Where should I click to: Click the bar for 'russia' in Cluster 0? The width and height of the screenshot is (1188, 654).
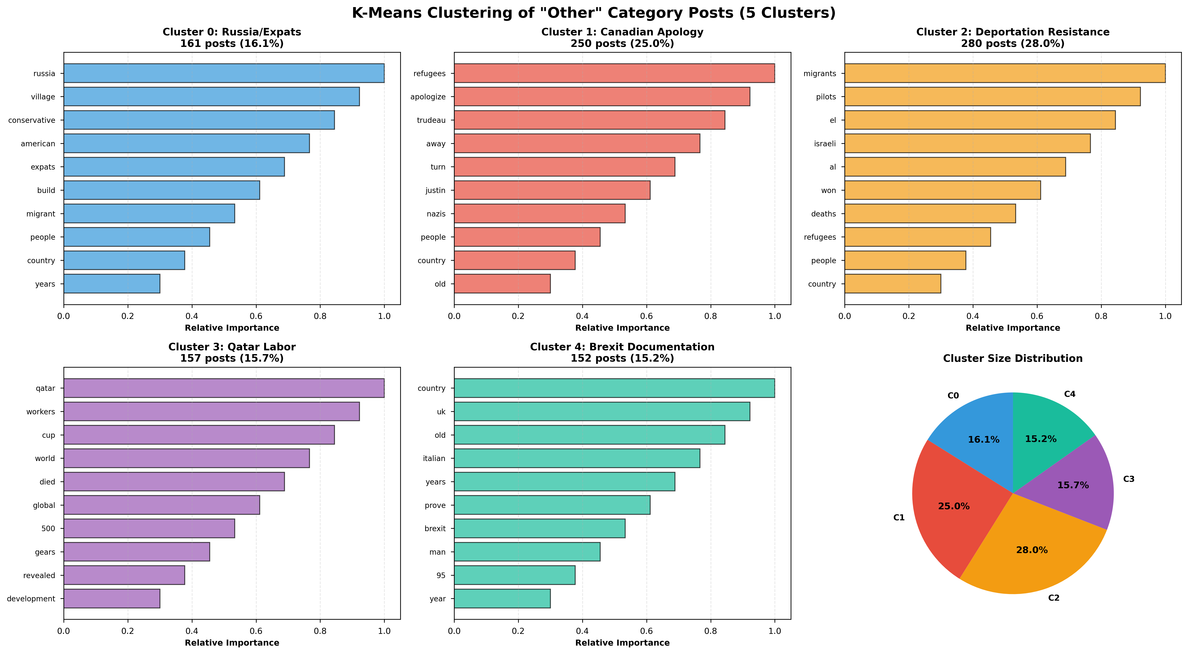click(x=224, y=73)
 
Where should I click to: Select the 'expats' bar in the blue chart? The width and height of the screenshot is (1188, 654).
click(x=174, y=167)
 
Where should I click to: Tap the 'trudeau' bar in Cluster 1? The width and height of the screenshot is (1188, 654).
click(x=589, y=120)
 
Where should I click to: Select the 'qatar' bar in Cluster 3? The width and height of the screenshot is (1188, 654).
click(x=224, y=388)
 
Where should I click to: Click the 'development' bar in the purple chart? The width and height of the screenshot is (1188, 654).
click(x=111, y=599)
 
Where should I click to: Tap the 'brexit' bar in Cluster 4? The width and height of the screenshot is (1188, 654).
click(x=540, y=529)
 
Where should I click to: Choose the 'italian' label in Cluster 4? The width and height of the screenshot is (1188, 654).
click(x=434, y=458)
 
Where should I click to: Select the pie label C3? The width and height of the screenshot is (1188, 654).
click(x=1128, y=479)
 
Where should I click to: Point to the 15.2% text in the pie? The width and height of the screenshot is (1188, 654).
click(x=1040, y=439)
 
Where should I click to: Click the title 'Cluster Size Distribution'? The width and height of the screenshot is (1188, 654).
click(x=1013, y=358)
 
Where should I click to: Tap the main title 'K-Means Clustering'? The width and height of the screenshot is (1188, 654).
click(x=594, y=13)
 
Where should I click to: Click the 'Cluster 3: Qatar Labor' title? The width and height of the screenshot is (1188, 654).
click(x=232, y=347)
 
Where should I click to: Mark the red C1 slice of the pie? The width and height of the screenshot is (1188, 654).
click(x=950, y=512)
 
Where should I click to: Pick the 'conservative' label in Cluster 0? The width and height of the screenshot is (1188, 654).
click(x=32, y=120)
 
